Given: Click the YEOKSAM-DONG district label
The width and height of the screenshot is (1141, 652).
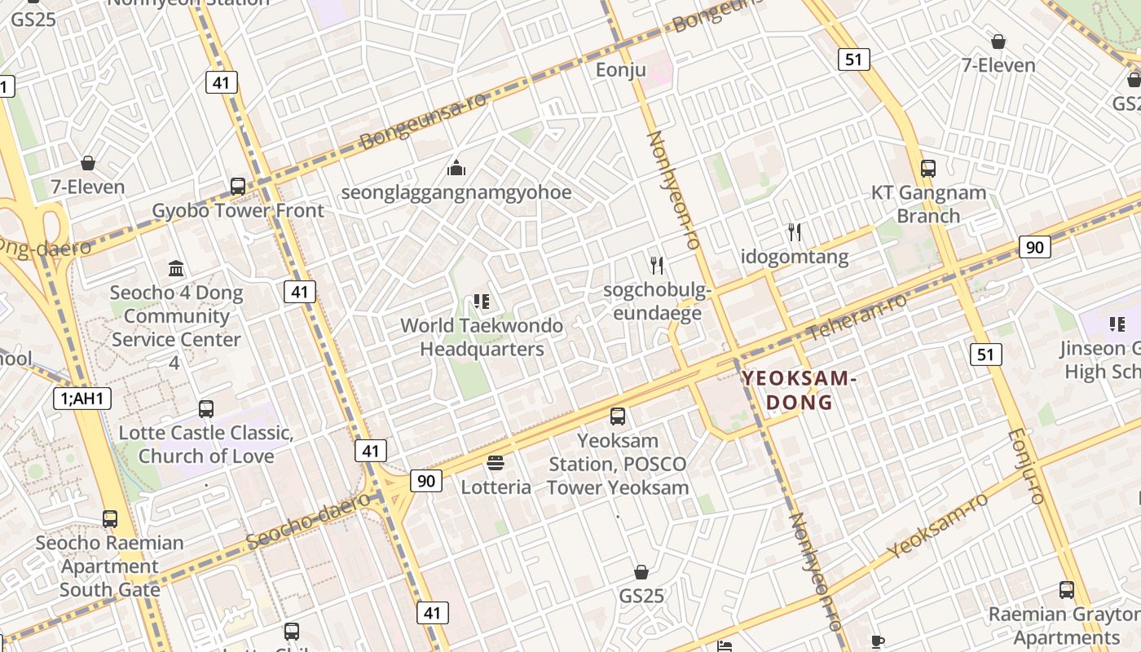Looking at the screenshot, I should pos(799,390).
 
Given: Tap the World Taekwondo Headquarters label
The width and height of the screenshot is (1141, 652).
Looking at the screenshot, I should pos(481,337).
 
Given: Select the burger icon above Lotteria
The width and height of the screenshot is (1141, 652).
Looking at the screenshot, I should pos(496,463).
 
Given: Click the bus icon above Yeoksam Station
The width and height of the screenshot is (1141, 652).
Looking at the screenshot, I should pos(618,416).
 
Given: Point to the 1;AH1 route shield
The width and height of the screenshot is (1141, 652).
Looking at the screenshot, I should pos(82,399).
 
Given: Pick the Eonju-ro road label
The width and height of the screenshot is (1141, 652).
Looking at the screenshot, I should pos(1026,466).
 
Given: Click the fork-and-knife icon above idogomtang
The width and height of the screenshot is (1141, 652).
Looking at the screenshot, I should pos(795,232).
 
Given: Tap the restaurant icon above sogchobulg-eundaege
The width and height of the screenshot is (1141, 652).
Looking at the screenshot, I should pos(657,265).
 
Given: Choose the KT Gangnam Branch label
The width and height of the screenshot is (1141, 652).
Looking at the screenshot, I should pos(928,205).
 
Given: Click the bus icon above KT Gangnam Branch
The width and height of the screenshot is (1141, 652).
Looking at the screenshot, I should pos(928,169).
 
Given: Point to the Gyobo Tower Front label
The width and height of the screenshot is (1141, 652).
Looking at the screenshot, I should pos(238,211).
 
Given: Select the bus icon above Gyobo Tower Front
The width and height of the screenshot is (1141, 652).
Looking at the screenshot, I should pos(238,186).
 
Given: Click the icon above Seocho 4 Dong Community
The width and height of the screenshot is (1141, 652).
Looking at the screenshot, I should pos(176,268).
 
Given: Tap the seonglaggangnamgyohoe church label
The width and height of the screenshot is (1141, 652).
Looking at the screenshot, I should pos(456,193).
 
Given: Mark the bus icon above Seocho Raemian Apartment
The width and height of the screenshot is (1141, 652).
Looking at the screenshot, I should pos(110,518).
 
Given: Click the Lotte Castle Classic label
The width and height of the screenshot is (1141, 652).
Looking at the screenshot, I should pos(205,444).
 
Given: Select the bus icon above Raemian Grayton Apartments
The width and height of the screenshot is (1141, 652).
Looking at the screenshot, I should pos(1066,589).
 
